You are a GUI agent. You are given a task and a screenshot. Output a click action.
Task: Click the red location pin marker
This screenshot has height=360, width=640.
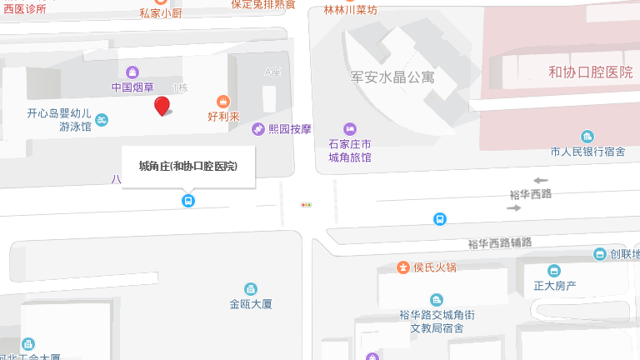coord(162,106)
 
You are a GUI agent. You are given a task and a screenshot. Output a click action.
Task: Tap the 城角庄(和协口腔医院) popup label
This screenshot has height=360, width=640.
coord(188,166)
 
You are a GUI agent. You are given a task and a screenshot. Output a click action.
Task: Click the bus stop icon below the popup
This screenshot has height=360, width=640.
coord(188,201)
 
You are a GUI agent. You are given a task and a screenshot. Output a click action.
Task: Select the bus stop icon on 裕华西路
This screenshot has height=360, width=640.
coord(439,219)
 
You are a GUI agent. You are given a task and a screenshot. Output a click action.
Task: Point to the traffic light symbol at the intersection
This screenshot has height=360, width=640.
coord(307,204)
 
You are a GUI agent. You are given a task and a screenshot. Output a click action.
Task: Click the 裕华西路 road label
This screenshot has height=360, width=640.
coord(531,193)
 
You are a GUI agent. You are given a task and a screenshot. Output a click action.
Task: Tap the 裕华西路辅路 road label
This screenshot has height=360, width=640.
coord(499,243)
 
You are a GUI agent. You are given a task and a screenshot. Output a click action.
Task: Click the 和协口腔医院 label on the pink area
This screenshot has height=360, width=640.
coord(590,72)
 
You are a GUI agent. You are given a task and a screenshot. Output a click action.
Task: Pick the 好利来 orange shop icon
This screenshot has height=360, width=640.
coord(223,101)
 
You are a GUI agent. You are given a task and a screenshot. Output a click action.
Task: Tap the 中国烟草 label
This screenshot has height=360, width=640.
coord(132,87)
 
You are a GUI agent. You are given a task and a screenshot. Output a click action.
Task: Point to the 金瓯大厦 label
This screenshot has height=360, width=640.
coord(251,304)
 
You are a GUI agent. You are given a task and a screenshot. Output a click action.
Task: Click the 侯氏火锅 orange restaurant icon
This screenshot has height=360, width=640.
coord(403,267)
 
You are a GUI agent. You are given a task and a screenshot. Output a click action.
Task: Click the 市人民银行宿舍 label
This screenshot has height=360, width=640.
coord(587,152)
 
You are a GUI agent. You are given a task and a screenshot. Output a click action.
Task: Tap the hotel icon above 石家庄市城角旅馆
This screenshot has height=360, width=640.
coord(349,128)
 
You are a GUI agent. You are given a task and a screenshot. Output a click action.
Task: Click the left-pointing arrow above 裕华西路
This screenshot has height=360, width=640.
coord(541,180)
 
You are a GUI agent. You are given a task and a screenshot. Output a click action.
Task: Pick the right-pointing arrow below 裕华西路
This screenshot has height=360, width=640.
coord(513,207)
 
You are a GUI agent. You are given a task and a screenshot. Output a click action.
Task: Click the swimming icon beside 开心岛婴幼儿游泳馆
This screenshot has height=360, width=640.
coord(102,121)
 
